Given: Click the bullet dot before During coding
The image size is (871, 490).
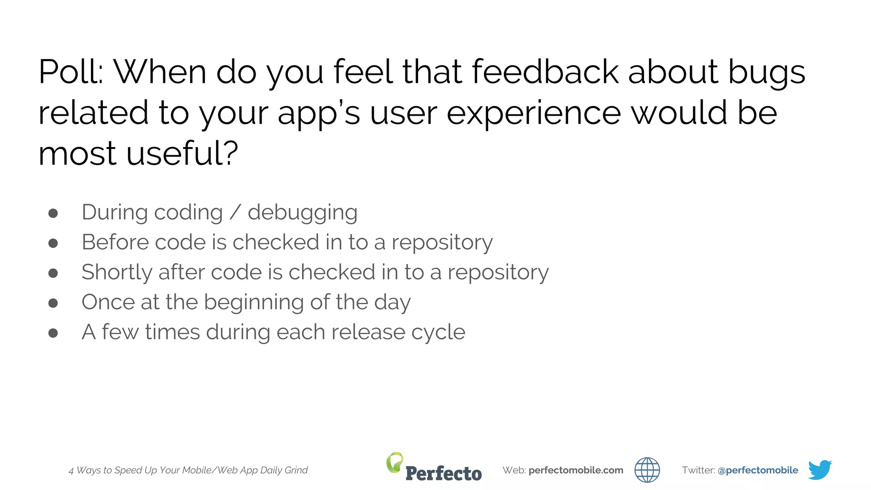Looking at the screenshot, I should click(53, 213).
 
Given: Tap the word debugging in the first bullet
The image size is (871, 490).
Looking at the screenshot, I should click(302, 213).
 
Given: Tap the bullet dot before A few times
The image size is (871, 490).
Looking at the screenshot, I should click(53, 333).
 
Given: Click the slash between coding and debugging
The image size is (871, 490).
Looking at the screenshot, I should click(235, 212).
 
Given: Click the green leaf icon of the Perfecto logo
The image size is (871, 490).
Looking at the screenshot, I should click(394, 462).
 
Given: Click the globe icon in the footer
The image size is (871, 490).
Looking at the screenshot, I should click(647, 470).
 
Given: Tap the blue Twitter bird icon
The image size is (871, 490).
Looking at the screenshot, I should click(820, 470).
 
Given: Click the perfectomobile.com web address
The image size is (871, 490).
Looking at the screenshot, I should click(575, 470).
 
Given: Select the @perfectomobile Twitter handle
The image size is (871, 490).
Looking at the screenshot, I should click(757, 470).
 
